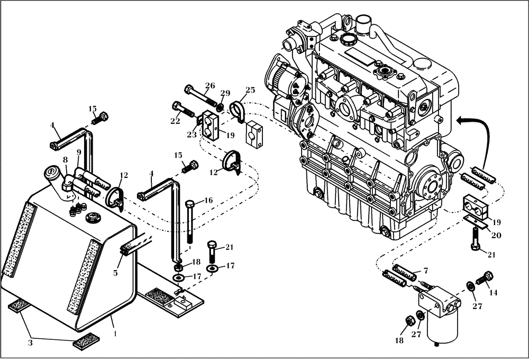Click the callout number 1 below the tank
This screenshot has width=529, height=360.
click(115, 334)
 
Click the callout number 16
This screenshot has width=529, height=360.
click(208, 200)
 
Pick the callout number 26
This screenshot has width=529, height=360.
click(210, 85)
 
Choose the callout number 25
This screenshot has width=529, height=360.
click(250, 89)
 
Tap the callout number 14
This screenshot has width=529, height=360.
click(493, 291)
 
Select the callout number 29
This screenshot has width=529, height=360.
click(226, 93)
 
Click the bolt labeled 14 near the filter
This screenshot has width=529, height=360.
click(484, 277)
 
